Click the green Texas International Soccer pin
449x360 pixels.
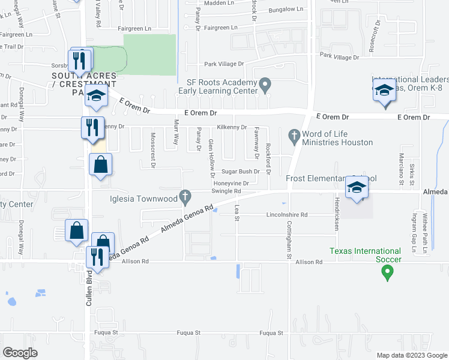(x=387, y=273)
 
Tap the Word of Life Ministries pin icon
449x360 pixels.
(x=294, y=136)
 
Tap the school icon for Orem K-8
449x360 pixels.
(x=384, y=91)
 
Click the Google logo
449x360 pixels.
(x=20, y=353)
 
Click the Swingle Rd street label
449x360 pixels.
(x=226, y=191)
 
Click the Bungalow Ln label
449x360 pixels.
(x=286, y=10)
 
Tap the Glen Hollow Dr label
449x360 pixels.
(x=211, y=159)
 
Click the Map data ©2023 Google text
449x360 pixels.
(x=411, y=355)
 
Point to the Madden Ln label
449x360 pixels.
(x=219, y=3)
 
